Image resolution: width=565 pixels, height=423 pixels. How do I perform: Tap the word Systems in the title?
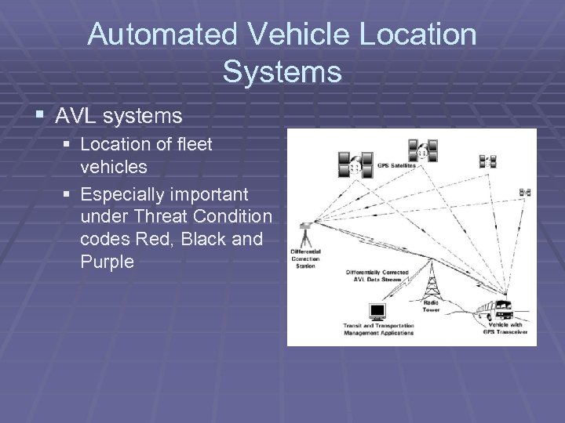click(x=282, y=71)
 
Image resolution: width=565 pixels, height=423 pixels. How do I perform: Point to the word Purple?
click(x=107, y=262)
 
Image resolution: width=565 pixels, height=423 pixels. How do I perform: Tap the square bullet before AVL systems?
click(x=40, y=117)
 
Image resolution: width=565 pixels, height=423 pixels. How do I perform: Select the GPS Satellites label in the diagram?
click(x=397, y=165)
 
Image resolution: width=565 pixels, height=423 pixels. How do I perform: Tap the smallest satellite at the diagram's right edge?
click(x=524, y=192)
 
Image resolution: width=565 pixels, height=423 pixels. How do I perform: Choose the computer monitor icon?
click(x=377, y=312)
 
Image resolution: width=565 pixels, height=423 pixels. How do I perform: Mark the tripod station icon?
click(x=306, y=234)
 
